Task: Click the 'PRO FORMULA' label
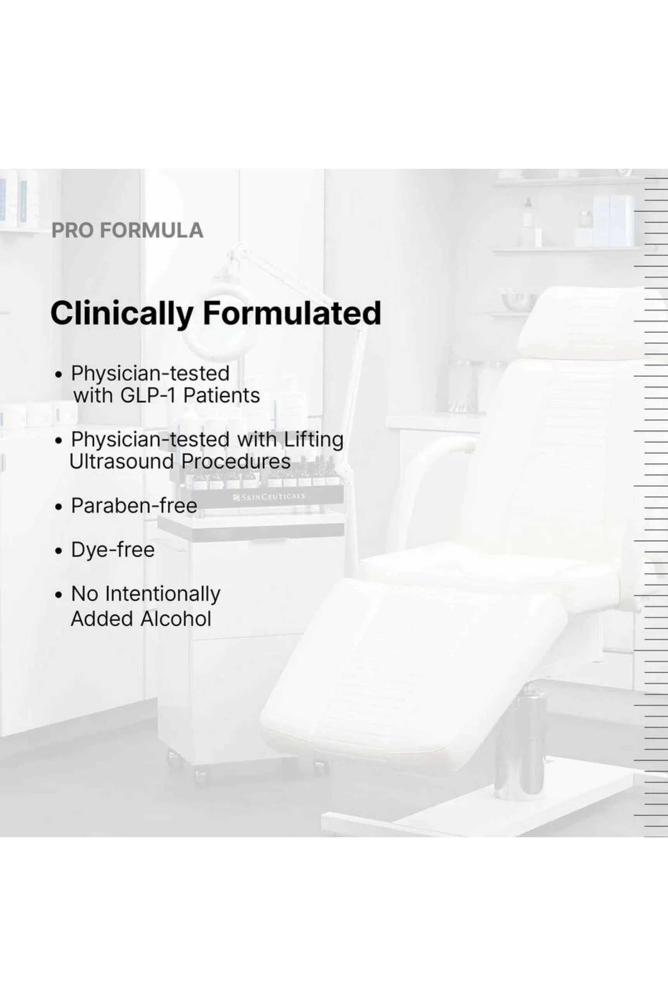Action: coord(127,231)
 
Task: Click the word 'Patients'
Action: coord(222,395)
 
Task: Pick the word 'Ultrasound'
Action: coord(121,461)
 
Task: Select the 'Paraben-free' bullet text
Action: coord(134,506)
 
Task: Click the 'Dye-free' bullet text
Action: coord(113,550)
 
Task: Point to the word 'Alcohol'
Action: coord(176,619)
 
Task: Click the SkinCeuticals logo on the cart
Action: coord(269,496)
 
